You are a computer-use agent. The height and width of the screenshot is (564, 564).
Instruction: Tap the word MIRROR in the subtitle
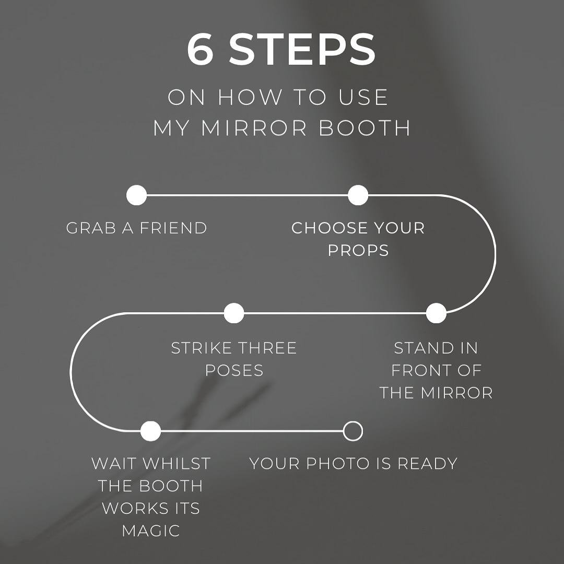254,128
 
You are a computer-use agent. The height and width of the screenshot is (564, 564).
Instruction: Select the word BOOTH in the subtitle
365,128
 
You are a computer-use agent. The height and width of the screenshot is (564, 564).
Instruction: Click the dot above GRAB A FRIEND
137,195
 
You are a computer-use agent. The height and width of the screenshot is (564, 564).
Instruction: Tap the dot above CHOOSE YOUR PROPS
358,195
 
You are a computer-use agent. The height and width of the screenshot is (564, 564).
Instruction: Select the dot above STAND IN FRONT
436,313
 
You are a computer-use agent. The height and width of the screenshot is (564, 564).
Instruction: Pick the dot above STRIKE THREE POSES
234,313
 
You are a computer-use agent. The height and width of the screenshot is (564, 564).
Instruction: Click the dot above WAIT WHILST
151,431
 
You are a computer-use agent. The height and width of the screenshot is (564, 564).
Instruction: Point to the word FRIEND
173,228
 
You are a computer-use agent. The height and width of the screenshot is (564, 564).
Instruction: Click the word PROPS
358,250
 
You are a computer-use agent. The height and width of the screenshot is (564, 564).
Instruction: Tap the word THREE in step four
267,348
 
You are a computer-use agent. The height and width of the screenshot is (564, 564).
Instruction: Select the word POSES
234,370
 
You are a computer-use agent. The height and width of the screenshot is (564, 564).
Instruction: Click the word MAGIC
151,531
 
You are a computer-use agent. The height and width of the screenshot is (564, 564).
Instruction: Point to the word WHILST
177,464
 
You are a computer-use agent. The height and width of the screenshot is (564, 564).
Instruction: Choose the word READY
427,464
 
